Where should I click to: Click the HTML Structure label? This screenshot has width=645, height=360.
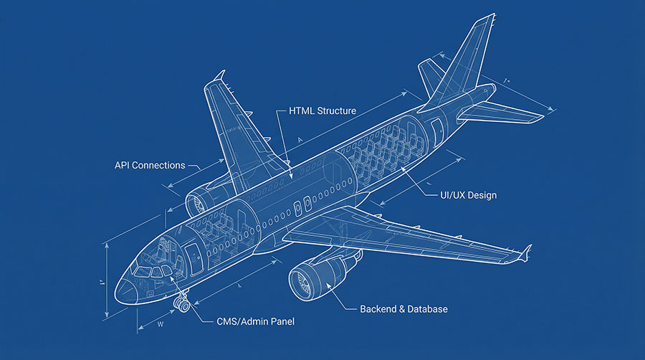322,111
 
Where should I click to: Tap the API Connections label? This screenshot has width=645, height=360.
150,166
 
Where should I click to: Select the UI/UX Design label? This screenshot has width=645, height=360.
468,195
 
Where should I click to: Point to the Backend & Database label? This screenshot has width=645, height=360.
403,309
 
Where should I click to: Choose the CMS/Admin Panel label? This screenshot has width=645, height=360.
255,322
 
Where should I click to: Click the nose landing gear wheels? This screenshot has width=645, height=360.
181,305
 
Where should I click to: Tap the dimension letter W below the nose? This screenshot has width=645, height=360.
159,324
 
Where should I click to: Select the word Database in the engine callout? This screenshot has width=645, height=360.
427,309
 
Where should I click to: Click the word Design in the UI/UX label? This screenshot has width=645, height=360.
482,195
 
